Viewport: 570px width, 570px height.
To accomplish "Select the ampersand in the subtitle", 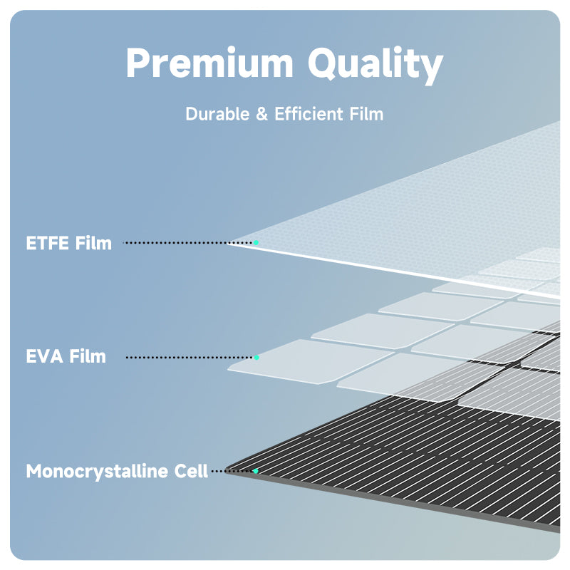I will click(x=261, y=114).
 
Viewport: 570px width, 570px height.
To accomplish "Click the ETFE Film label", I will click(x=69, y=243).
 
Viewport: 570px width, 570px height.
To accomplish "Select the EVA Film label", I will click(x=66, y=356).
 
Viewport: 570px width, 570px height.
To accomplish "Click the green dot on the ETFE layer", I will click(x=256, y=243).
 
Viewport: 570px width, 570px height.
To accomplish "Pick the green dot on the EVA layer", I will click(x=256, y=357).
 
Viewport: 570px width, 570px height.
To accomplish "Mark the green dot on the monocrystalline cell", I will click(x=256, y=471).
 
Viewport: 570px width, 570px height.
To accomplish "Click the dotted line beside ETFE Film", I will click(x=178, y=243).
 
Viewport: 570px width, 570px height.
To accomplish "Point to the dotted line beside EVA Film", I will click(x=189, y=357).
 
